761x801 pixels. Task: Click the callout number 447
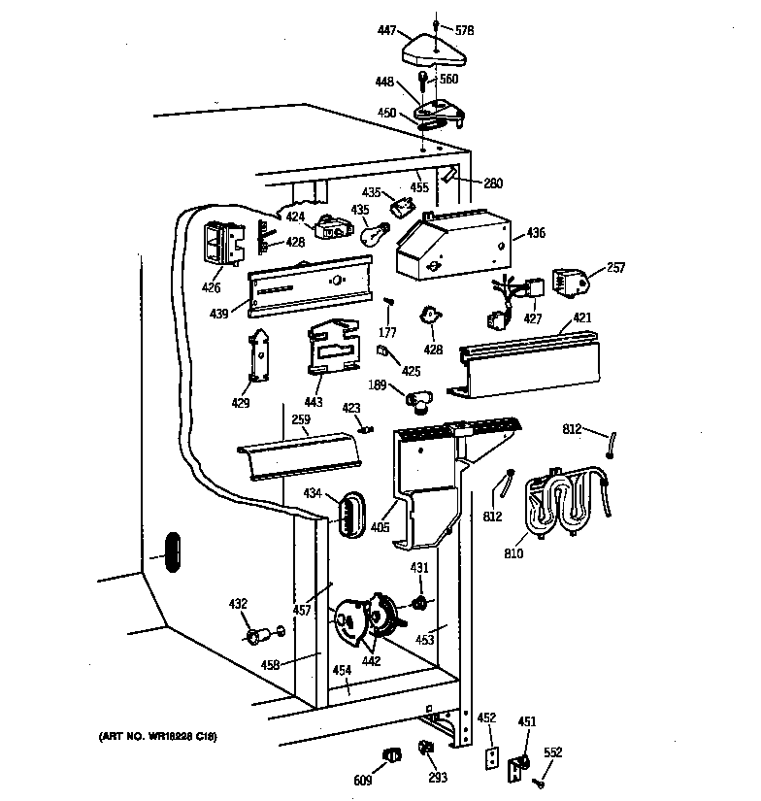point(386,31)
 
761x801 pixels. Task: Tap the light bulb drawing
point(376,232)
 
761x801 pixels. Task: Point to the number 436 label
point(536,234)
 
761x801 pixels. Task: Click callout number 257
point(617,267)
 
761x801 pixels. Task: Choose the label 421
point(581,317)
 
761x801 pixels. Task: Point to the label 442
point(371,661)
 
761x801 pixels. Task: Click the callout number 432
point(237,605)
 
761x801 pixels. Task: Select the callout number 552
point(551,752)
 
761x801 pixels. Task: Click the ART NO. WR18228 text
point(156,737)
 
